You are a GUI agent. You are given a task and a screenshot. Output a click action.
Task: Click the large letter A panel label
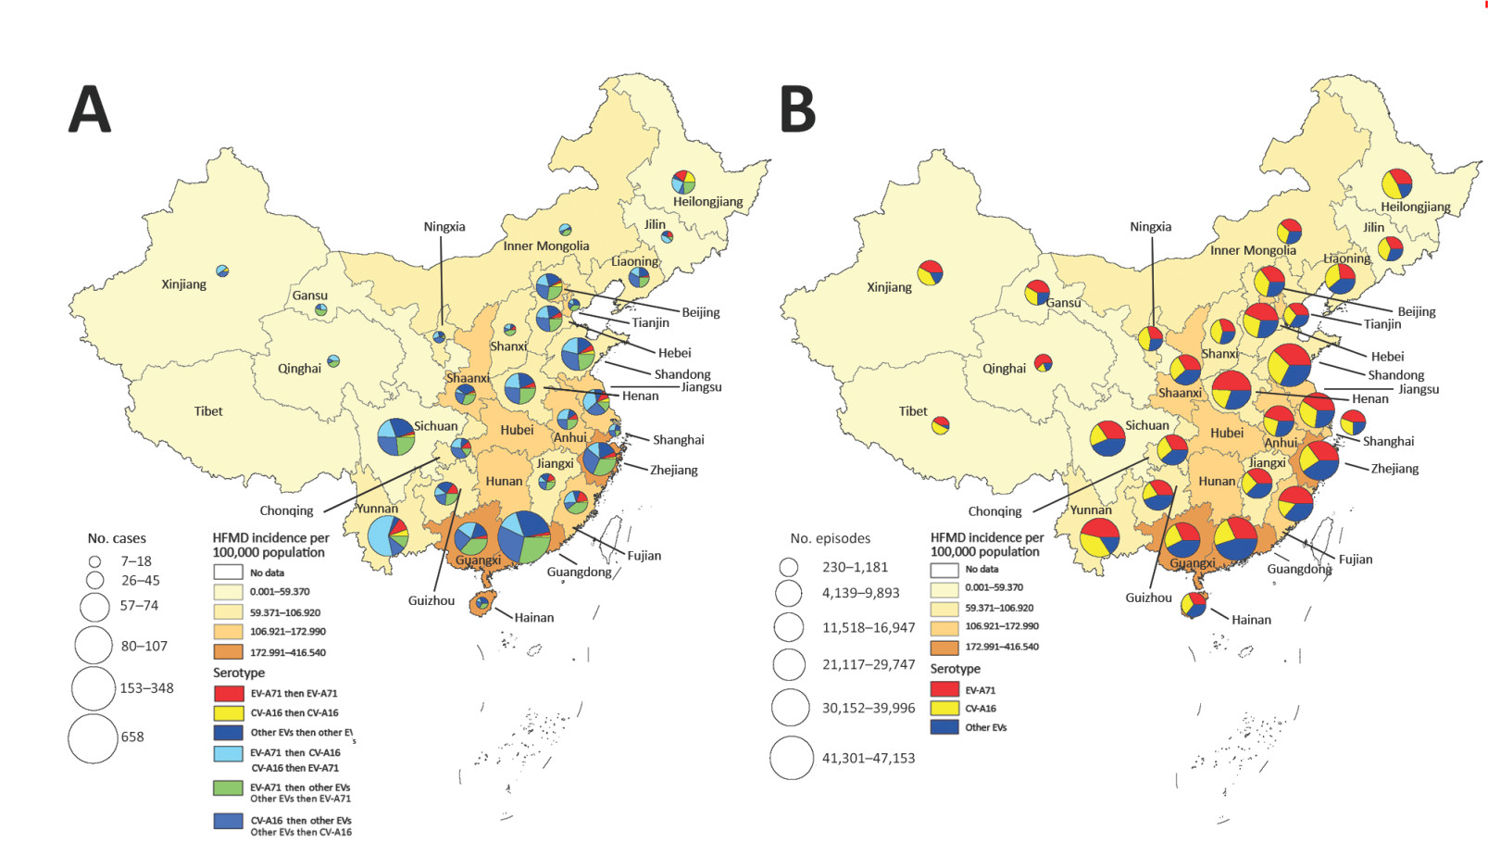90,109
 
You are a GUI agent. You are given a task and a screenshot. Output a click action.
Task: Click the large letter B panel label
797,109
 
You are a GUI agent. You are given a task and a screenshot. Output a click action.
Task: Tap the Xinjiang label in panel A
183,284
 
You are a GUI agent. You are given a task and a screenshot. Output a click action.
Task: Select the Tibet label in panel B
912,411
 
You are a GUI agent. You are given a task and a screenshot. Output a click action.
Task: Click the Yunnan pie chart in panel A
388,535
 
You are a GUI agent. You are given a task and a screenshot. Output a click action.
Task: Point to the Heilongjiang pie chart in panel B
1396,183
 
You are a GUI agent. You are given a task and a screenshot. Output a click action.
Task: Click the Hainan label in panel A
533,617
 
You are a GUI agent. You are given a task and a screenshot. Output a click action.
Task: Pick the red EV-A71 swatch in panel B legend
944,689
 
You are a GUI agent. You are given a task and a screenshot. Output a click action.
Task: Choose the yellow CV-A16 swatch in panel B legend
944,709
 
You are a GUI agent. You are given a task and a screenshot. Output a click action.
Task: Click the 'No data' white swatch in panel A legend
228,573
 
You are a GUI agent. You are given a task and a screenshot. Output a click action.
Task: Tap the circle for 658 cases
93,738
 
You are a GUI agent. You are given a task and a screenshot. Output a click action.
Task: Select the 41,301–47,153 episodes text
868,758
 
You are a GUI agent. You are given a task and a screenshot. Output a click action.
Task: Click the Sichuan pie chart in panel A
396,436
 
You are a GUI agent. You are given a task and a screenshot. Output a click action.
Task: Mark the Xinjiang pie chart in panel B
930,272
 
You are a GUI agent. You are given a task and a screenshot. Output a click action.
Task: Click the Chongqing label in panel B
994,511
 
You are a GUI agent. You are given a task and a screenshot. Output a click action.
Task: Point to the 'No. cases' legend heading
117,538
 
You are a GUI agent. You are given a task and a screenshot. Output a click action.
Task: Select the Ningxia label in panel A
444,227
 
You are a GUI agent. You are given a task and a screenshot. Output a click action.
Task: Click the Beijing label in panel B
1416,311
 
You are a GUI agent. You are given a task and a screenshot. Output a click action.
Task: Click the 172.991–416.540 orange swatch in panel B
944,648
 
